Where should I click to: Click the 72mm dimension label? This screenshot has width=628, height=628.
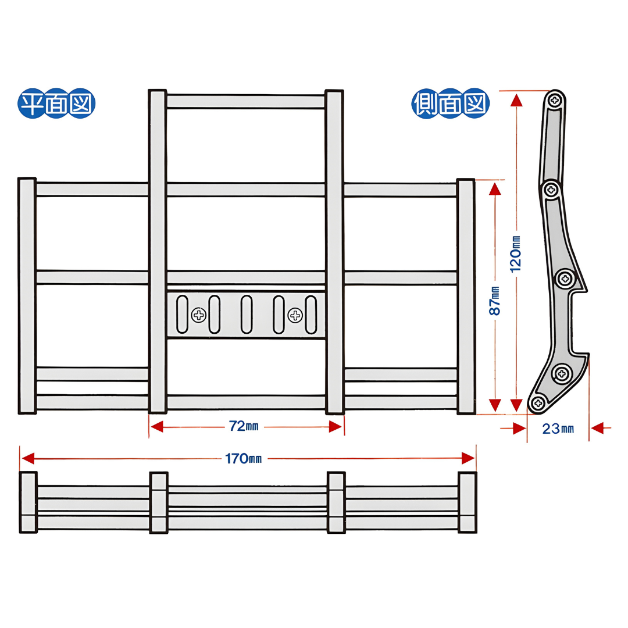(244, 426)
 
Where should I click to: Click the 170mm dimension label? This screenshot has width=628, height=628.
(244, 459)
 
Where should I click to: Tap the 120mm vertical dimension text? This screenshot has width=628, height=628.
(516, 254)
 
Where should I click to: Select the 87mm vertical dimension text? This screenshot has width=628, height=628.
(495, 301)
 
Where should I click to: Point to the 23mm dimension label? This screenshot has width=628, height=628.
(558, 429)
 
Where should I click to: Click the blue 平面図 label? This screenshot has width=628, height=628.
(57, 105)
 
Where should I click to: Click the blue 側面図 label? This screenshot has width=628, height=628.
(450, 105)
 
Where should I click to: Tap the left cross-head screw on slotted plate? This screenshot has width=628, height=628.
(199, 315)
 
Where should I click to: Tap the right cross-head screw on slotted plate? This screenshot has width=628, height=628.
(295, 315)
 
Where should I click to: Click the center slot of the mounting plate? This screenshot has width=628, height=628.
(247, 314)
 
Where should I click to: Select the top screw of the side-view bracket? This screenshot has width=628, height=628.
(556, 100)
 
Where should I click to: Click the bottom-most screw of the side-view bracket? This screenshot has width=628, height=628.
(538, 402)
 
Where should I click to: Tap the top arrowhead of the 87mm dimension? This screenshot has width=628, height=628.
(495, 188)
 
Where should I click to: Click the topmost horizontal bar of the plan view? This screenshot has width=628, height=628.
(245, 101)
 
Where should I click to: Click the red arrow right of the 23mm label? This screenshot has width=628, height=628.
(599, 429)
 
